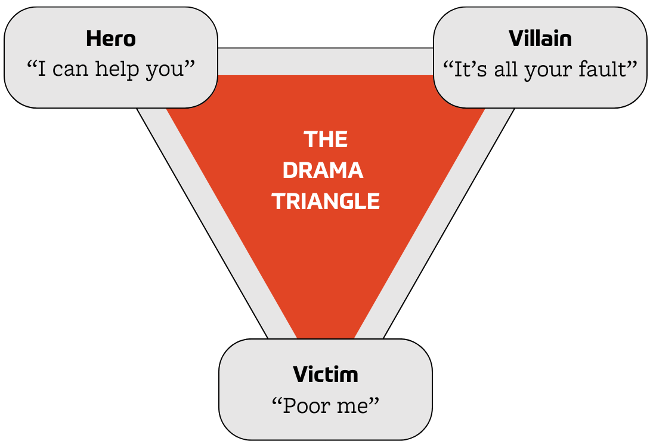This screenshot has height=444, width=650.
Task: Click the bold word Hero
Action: click(111, 39)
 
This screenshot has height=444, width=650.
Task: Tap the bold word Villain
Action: click(540, 39)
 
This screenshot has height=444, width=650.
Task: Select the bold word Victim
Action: click(326, 375)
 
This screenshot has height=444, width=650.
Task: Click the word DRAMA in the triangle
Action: click(323, 171)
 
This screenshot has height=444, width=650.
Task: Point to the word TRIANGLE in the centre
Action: click(326, 201)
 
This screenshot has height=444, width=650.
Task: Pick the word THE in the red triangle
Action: click(326, 140)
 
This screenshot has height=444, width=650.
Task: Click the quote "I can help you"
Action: click(111, 70)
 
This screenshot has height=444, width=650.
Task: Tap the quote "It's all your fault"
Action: click(540, 70)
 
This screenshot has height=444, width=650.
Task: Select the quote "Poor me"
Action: click(326, 406)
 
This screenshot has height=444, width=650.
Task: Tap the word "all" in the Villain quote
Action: click(505, 69)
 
